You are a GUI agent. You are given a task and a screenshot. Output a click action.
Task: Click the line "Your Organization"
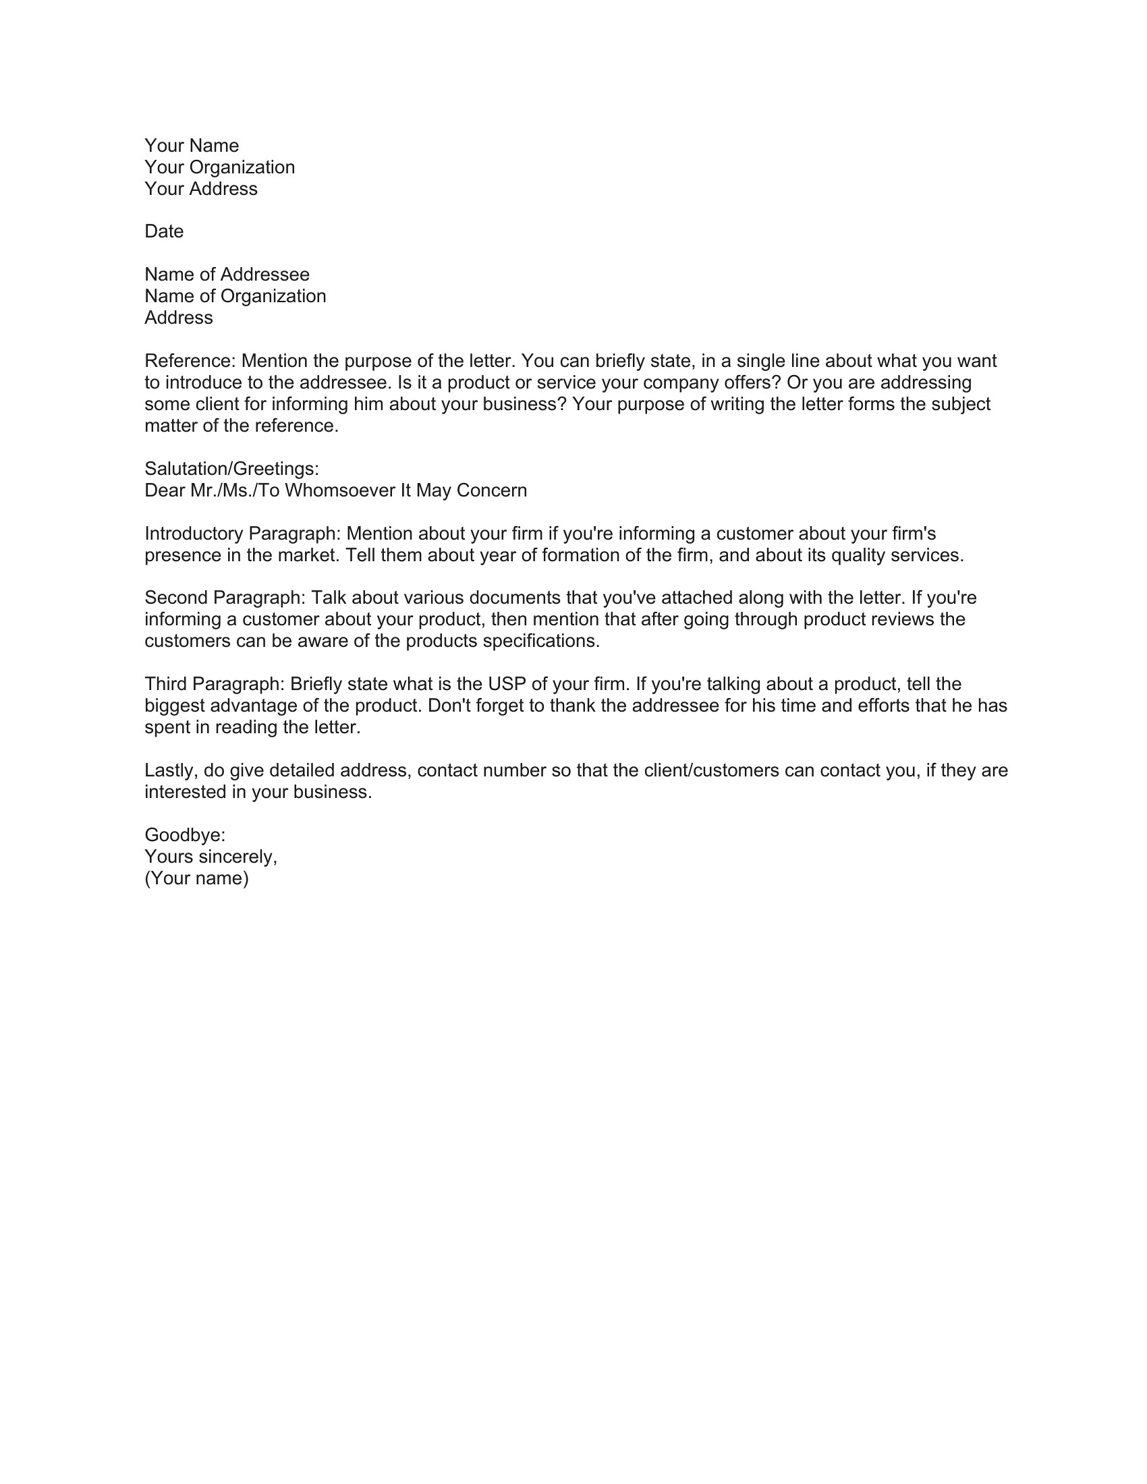point(219,168)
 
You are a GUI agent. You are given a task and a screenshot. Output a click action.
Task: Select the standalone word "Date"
point(164,231)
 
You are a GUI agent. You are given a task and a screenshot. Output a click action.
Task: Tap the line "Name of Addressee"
point(227,275)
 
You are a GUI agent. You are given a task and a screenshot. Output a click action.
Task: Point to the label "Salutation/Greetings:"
point(231,469)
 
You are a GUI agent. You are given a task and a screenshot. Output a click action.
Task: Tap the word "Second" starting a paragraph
point(176,598)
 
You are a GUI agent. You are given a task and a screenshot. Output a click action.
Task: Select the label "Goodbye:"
point(185,835)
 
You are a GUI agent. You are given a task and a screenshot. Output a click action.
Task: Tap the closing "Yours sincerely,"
point(211,857)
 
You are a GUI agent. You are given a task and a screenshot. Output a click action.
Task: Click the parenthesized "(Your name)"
point(196,878)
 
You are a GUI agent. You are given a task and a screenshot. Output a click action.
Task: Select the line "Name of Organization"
point(235,296)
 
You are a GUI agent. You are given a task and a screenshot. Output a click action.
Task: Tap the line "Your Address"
point(201,189)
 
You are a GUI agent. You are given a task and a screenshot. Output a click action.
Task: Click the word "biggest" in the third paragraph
point(175,706)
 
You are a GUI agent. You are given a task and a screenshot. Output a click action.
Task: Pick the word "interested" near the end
point(186,793)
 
